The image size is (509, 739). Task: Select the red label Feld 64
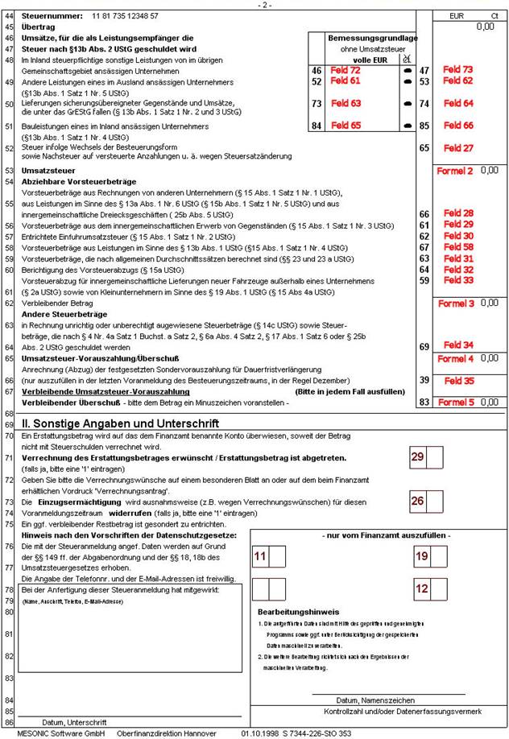click(457, 103)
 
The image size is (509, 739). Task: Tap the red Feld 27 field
click(457, 148)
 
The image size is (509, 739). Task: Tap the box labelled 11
click(260, 557)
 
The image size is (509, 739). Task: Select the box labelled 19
click(421, 557)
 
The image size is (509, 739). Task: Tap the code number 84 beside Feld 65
click(316, 126)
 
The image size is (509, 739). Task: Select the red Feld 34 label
click(457, 345)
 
